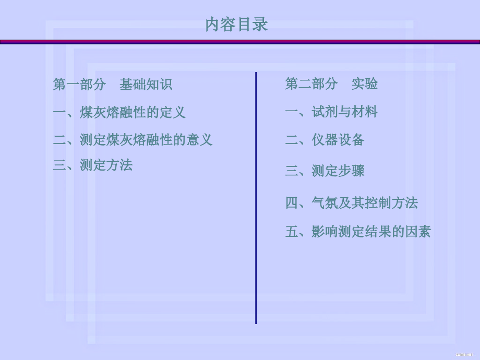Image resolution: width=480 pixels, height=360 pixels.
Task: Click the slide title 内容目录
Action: [x=237, y=25]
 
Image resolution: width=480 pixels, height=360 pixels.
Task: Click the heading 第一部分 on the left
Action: [x=79, y=85]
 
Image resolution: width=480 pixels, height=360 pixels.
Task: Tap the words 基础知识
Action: [x=146, y=85]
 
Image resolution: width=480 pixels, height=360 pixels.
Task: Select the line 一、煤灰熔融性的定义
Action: [x=119, y=112]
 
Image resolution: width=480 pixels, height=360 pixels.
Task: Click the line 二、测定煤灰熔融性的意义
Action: [x=133, y=140]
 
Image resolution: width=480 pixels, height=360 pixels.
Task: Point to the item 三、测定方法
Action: [x=93, y=165]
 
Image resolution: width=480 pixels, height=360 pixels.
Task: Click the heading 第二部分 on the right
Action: [x=311, y=83]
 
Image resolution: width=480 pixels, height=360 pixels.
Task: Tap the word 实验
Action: [x=365, y=83]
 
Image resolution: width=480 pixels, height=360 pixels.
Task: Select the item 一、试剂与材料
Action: [x=331, y=112]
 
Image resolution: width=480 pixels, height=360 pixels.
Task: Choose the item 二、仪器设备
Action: [x=325, y=140]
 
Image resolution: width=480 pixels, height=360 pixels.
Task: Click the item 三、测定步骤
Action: [x=325, y=171]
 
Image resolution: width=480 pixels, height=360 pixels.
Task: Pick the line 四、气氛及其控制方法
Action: [x=352, y=202]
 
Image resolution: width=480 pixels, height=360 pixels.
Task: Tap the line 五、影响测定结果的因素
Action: [x=358, y=232]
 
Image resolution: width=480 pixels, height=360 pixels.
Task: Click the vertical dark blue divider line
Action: [x=256, y=198]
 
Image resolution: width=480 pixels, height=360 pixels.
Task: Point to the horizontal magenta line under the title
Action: [x=240, y=42]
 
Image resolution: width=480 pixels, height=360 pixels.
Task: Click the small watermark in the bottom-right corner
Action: [x=464, y=354]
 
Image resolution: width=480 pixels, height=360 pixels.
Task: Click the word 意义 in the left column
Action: [x=199, y=140]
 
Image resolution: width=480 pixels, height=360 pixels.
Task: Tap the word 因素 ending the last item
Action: [x=418, y=232]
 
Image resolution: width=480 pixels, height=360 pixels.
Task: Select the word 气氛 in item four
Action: [x=325, y=202]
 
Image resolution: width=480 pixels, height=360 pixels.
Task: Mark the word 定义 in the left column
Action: [x=172, y=112]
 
